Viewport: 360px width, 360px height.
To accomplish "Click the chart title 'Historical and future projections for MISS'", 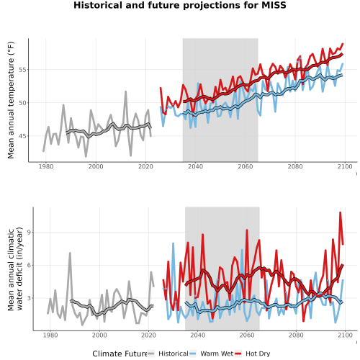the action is [x=180, y=5].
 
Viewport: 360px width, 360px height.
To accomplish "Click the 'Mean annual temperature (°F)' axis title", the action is [x=11, y=100].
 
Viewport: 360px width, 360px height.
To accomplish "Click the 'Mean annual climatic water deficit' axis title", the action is [x=15, y=269].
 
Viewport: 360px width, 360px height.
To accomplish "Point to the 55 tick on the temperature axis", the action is [x=22, y=70].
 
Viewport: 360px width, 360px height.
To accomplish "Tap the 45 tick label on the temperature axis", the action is [x=22, y=136].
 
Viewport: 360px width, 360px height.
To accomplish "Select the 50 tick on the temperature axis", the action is [x=22, y=103].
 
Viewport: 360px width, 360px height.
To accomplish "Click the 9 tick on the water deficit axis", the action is [x=29, y=233].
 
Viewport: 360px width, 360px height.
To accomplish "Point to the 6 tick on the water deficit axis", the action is [x=29, y=266].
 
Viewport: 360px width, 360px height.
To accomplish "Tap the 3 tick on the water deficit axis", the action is [x=29, y=298].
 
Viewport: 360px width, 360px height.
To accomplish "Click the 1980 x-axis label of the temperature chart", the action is [x=46, y=166].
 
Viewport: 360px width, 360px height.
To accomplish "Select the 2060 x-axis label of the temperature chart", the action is [x=246, y=166].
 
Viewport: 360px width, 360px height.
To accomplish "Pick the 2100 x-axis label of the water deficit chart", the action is [x=345, y=335].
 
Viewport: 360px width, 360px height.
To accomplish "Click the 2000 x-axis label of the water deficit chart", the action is [x=99, y=335].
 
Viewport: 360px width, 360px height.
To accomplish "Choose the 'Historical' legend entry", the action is [x=168, y=354].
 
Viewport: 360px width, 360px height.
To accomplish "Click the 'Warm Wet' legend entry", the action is [x=212, y=354].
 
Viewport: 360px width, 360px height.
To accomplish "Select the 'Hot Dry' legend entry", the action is [x=253, y=354].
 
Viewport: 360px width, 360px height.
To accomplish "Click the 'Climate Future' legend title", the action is [x=120, y=354].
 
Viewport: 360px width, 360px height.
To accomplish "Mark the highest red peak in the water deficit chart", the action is [x=340, y=212].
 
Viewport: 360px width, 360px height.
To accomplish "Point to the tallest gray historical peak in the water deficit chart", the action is [x=70, y=253].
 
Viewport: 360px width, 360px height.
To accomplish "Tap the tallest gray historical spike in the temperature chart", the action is [x=125, y=91].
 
